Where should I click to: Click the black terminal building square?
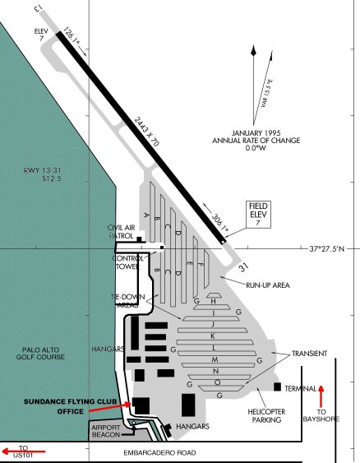278,387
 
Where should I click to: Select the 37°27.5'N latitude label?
333,248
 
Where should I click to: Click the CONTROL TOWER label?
127,262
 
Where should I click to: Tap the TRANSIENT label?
308,354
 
